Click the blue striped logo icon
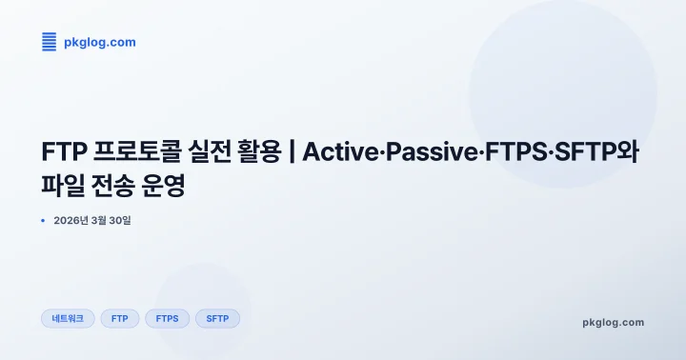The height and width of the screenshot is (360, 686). [x=50, y=41]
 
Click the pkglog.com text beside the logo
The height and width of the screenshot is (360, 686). [x=99, y=42]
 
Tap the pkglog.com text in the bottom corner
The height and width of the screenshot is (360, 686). [x=613, y=322]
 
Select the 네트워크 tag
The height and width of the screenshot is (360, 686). [x=68, y=319]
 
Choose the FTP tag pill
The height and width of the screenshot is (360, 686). [x=120, y=319]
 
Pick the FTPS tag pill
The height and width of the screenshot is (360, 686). [x=167, y=319]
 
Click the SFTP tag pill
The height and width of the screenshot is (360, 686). [x=217, y=319]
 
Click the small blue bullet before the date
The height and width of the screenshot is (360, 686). [x=44, y=221]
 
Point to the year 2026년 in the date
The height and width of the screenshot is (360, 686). [x=72, y=221]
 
